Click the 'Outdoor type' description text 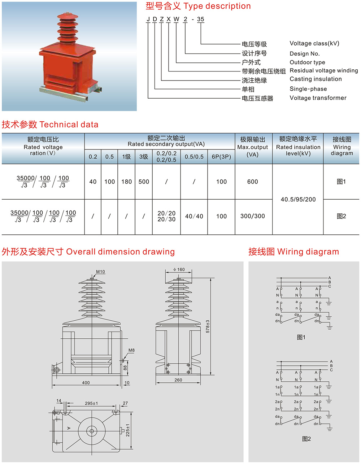[307, 62]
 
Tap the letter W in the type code [176, 19]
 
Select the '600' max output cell [253, 182]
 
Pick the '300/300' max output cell [253, 216]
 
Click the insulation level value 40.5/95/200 [298, 199]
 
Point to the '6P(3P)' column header [221, 157]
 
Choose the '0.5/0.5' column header [194, 157]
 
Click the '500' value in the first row [144, 182]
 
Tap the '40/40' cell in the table [194, 216]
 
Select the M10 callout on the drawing [100, 272]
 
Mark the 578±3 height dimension [208, 326]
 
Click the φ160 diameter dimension [179, 269]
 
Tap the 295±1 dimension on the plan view [91, 403]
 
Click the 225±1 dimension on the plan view [127, 430]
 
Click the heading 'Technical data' [69, 125]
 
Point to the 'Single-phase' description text [308, 89]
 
